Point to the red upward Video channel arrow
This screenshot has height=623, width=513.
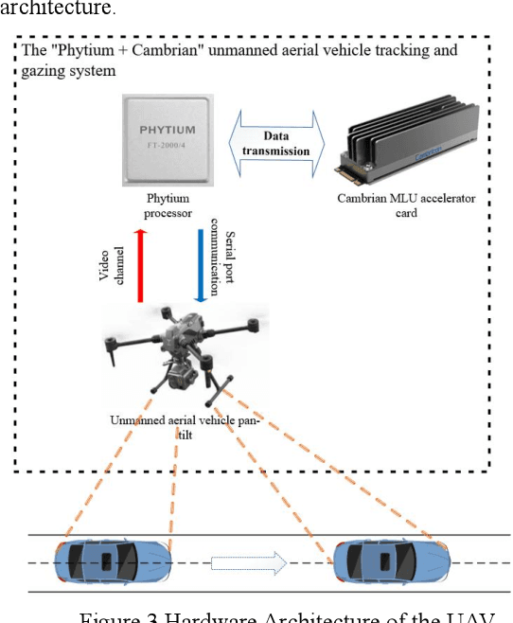139,267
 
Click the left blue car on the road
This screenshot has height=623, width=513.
113,562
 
